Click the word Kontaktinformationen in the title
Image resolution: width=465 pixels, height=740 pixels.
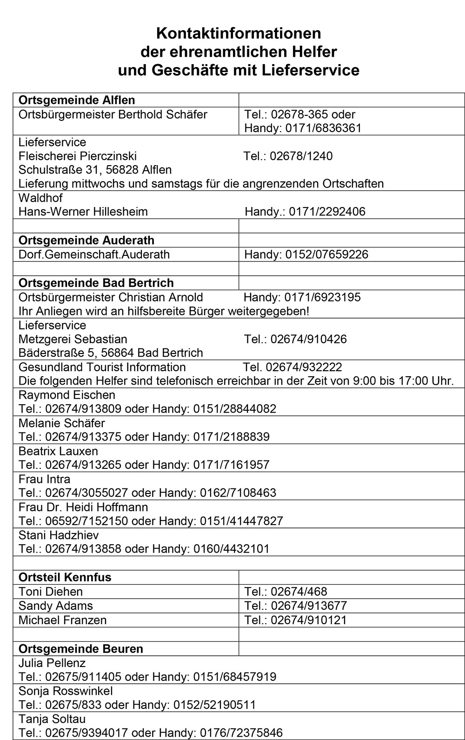point(239,33)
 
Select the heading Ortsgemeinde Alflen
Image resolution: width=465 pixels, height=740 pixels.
point(77,100)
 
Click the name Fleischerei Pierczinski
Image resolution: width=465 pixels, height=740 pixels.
point(78,156)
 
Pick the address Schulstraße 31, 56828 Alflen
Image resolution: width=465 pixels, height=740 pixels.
point(95,170)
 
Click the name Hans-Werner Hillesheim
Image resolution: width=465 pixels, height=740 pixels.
point(83,212)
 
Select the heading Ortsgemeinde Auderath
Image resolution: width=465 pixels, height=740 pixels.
point(86,240)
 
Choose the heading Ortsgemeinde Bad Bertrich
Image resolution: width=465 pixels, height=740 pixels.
point(96,283)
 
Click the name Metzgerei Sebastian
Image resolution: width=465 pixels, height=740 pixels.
point(73,339)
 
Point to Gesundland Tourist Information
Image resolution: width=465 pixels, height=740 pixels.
point(102,367)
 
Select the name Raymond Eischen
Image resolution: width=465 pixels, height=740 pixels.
point(67,395)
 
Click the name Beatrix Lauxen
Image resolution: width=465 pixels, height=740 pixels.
point(58,451)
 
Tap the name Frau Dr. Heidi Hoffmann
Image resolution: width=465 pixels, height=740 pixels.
point(83,507)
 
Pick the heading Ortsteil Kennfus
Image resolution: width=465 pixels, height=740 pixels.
point(65,577)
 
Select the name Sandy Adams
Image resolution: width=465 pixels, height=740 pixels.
point(56,606)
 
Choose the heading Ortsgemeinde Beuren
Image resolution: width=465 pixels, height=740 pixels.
point(81,649)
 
